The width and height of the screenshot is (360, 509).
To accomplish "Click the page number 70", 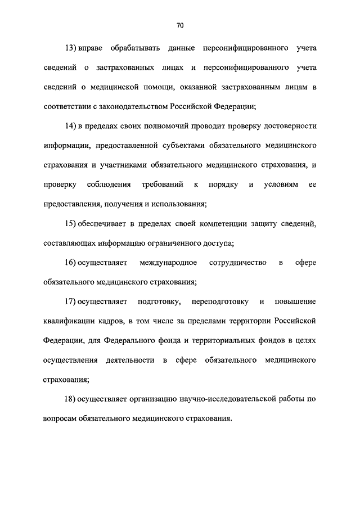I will click(x=180, y=25).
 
